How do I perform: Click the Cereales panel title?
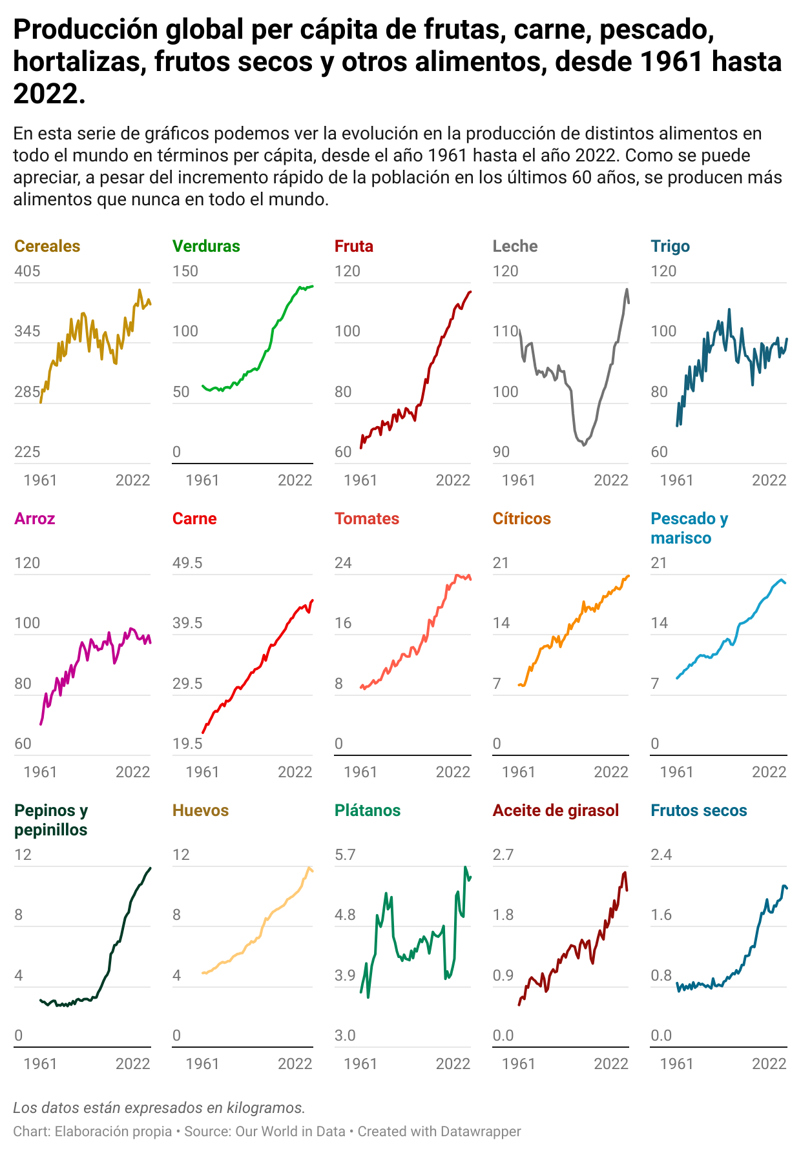[47, 246]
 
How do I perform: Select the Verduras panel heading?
[206, 246]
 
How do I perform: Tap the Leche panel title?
[515, 246]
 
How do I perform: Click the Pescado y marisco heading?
[689, 528]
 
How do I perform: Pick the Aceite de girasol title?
[556, 810]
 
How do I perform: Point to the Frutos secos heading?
[698, 810]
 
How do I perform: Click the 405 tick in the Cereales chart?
[27, 271]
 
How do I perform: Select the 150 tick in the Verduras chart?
[185, 271]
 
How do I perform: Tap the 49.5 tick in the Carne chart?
[187, 563]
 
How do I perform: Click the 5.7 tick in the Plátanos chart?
[345, 855]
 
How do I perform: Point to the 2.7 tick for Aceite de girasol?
[503, 855]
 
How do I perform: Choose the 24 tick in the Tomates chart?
[343, 563]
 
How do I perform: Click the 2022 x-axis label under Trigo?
[769, 480]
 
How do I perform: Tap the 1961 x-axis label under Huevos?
[202, 1064]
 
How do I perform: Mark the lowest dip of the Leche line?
[584, 445]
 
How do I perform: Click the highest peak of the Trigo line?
[729, 309]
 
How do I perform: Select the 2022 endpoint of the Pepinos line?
[150, 868]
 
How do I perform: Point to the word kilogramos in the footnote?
[265, 1108]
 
